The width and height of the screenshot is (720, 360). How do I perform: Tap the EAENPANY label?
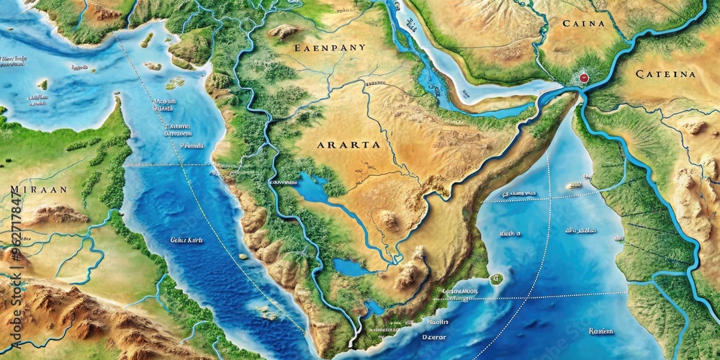pos(330,48)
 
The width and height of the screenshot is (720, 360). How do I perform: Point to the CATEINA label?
pos(666,73)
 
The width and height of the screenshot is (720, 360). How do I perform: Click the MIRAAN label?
pos(39,189)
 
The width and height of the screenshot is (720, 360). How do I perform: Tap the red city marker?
pos(583,77)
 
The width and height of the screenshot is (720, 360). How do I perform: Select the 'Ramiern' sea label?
pos(600,331)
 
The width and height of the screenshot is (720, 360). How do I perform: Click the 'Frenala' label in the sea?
pos(192,145)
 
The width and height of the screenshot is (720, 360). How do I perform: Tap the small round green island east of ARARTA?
pos(496,279)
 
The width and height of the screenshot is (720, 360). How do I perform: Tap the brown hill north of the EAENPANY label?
pos(284,32)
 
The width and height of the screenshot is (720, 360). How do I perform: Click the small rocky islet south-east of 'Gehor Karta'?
pos(268,314)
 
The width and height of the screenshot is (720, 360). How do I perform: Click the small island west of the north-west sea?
pos(43,84)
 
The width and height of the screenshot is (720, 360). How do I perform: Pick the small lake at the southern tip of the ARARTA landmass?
pos(374,307)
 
